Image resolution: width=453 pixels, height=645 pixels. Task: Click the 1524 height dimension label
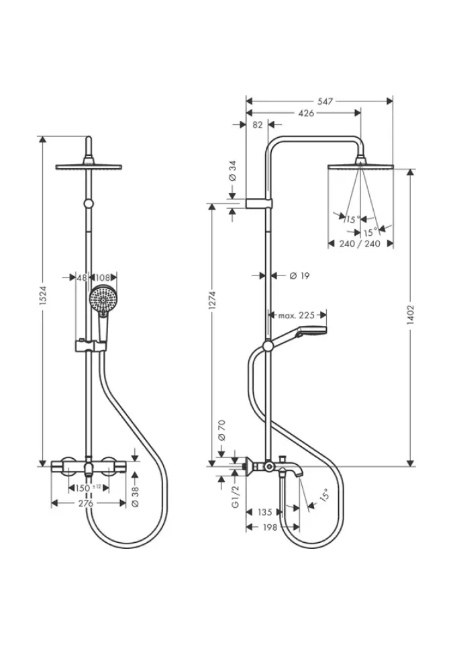(44, 295)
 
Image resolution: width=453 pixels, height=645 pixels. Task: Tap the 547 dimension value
(325, 101)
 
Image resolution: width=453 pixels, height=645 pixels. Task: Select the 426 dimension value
(306, 113)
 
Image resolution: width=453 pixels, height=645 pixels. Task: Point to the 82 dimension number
(257, 125)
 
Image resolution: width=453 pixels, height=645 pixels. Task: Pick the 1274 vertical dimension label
(212, 300)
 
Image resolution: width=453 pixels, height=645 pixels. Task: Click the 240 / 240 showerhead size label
(360, 243)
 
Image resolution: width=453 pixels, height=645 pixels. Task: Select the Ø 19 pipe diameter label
(299, 275)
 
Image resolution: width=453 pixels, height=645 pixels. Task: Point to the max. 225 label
(297, 316)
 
